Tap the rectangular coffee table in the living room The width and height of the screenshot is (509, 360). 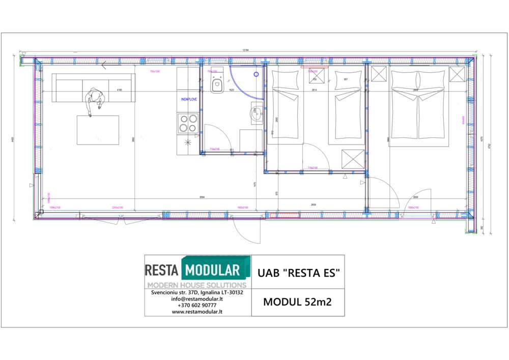click(98, 130)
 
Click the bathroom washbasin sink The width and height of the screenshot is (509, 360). click(256, 114)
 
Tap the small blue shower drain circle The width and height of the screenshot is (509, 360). click(256, 74)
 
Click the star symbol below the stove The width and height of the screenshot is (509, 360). click(188, 143)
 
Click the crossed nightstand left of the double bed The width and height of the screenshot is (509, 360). click(379, 74)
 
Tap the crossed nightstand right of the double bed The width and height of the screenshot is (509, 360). click(457, 74)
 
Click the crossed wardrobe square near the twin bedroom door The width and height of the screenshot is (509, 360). click(352, 158)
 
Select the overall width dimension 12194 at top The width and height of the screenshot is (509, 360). click(246, 50)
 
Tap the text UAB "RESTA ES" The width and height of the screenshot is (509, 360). click(298, 273)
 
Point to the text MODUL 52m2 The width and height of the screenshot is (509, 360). click(298, 302)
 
